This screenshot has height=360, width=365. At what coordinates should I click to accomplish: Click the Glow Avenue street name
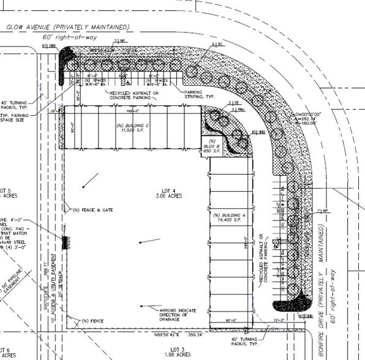[67, 27]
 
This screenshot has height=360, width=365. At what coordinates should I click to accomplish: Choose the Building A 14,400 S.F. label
[232, 217]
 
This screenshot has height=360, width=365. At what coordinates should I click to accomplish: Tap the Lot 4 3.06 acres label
[165, 195]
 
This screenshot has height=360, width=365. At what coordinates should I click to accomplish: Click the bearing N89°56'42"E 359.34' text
[171, 336]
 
